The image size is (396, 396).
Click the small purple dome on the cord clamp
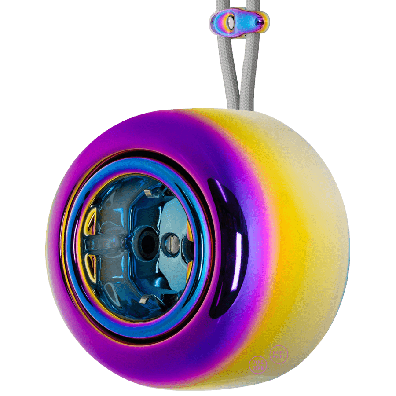click(x=260, y=21)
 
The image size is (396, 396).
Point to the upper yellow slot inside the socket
click(x=90, y=224)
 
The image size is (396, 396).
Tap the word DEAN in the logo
click(x=258, y=367)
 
